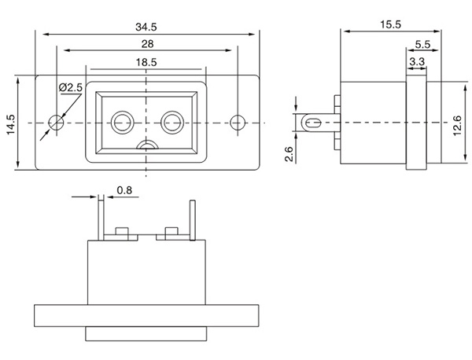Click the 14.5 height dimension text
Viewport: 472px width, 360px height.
coord(10,124)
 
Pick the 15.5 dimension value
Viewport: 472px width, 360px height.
coord(389,25)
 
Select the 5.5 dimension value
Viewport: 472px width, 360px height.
coord(421,45)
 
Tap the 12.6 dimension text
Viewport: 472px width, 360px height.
coord(459,124)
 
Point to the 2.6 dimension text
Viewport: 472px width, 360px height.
coord(289,152)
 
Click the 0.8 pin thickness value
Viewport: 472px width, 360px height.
coord(124,190)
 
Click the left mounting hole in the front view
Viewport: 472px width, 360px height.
coord(56,123)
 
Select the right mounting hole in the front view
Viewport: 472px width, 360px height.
coord(238,123)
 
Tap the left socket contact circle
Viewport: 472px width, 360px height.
coord(123,122)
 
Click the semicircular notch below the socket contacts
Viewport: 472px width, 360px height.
coord(146,146)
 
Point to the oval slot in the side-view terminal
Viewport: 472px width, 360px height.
coord(312,123)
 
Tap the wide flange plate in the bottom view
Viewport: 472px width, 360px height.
coord(146,315)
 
